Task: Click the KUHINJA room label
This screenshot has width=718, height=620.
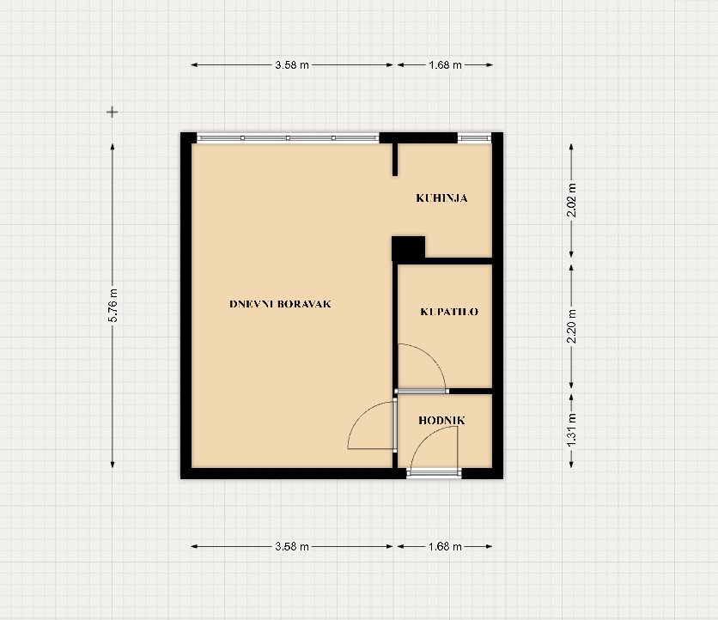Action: (x=441, y=198)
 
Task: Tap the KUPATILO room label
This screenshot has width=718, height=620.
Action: (x=449, y=312)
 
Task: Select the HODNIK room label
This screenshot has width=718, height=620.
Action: (x=442, y=421)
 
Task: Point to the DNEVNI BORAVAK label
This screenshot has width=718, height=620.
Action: (x=280, y=304)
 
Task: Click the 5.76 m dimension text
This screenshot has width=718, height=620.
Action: (x=113, y=306)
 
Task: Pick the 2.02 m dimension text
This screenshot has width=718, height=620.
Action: (x=571, y=200)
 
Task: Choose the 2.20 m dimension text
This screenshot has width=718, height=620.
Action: (x=571, y=326)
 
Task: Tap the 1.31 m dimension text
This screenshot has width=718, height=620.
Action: (x=571, y=430)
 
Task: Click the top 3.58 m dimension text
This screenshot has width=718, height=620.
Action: (x=292, y=65)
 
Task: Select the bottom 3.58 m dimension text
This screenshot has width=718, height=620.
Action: (x=292, y=546)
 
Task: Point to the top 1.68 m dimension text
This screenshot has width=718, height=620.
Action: (x=445, y=65)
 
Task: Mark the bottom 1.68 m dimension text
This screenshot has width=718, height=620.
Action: (x=445, y=546)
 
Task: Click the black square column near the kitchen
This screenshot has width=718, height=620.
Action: (x=409, y=248)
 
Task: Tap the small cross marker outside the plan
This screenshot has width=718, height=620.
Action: (x=113, y=112)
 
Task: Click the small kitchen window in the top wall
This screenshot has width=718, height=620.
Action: (x=474, y=138)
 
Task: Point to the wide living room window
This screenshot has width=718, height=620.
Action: (x=288, y=138)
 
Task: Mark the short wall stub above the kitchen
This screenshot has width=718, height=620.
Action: (x=395, y=160)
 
